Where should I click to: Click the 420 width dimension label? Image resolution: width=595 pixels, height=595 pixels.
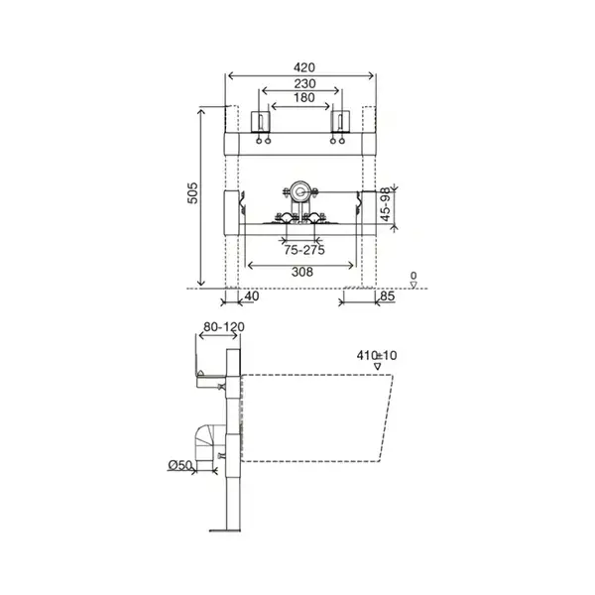point(304,67)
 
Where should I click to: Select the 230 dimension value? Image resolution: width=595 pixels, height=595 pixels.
point(304,83)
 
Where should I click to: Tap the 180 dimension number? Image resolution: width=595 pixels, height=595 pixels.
point(304,98)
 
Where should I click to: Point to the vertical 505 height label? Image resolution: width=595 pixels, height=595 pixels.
point(192,193)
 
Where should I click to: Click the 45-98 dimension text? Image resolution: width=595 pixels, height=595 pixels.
point(386,204)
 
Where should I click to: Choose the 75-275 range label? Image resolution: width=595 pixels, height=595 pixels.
point(304,250)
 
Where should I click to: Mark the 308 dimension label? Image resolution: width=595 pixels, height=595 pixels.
point(302,272)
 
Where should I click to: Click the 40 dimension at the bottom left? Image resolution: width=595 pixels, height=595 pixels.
point(252,296)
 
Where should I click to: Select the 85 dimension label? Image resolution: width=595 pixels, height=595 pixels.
point(387,296)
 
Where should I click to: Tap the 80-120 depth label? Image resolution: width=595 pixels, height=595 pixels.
point(224,326)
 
